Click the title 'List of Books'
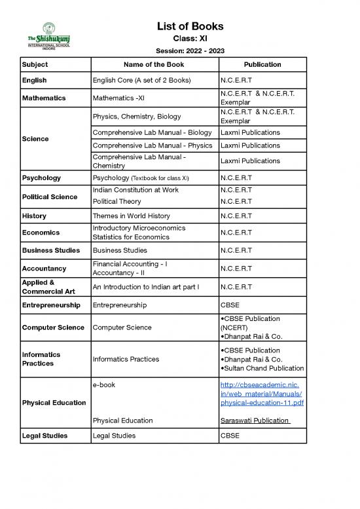click(x=190, y=26)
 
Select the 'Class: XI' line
click(x=190, y=39)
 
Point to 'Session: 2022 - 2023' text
click(x=190, y=51)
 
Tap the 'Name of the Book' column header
click(x=154, y=65)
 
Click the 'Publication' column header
click(x=262, y=65)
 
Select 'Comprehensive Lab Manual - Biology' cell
click(x=153, y=132)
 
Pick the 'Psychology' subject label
click(x=41, y=178)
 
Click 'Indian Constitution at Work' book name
click(x=136, y=190)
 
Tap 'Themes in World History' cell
click(x=132, y=216)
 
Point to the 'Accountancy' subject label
click(x=44, y=269)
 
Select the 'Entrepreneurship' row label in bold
click(x=51, y=305)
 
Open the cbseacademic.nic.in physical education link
click(x=262, y=393)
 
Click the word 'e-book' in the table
click(x=104, y=385)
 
